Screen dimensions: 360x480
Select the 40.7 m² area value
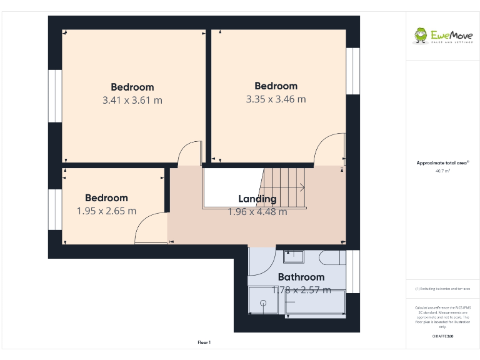[442, 170]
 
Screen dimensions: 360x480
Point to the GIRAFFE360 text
[442, 336]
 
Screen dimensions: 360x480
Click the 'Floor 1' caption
[204, 342]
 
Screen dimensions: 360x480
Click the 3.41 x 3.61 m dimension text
[132, 100]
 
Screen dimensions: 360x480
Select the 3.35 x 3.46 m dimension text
[276, 99]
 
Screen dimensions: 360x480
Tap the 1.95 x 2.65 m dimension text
[106, 211]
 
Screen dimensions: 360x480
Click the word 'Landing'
[257, 199]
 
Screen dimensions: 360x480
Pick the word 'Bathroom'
[301, 277]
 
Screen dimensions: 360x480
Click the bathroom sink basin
[293, 256]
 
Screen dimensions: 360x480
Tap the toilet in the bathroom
[331, 258]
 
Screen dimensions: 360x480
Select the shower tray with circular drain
[264, 302]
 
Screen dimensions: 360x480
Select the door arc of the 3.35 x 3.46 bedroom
[330, 150]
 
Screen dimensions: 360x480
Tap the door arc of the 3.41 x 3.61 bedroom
[189, 154]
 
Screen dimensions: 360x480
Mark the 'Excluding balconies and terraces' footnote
[442, 289]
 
